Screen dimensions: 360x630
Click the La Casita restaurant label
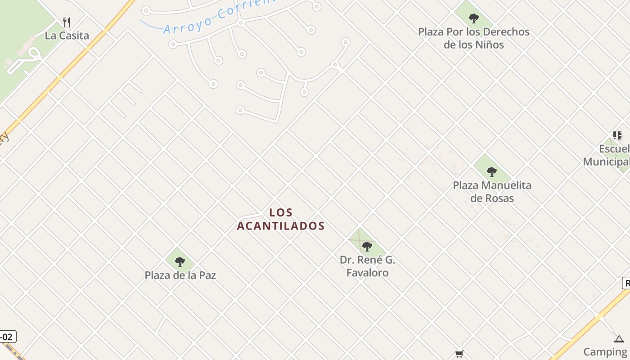click(67, 36)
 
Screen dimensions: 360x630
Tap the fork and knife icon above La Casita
click(67, 22)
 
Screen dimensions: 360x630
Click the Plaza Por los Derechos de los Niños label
click(473, 38)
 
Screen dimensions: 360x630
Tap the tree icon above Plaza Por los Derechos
click(473, 18)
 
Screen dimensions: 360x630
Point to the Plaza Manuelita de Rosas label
click(492, 191)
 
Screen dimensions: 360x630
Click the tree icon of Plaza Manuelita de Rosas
click(492, 171)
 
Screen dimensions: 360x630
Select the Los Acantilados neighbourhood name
click(281, 219)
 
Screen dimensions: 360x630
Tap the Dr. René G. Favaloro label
click(367, 266)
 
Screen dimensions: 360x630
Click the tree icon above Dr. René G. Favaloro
click(367, 246)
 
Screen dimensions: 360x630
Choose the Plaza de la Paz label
click(180, 275)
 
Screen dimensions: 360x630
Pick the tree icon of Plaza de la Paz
click(180, 261)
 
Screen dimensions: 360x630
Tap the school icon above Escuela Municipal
click(617, 135)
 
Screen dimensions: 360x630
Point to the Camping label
click(605, 351)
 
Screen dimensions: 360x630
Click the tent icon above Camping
click(619, 339)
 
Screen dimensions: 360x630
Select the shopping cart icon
click(459, 354)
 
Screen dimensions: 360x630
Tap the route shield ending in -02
click(7, 337)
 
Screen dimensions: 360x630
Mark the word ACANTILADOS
click(281, 225)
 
